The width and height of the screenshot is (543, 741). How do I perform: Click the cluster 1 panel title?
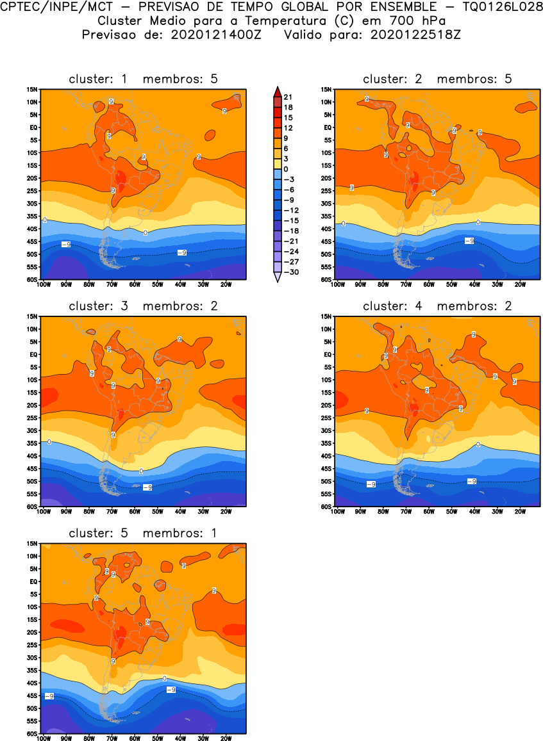[x=143, y=79]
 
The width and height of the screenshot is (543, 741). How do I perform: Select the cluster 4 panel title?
[x=437, y=306]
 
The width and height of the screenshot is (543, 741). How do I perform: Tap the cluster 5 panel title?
[x=143, y=533]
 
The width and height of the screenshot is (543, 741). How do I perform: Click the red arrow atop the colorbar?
[x=276, y=90]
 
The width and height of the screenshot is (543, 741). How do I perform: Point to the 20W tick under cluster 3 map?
[x=226, y=511]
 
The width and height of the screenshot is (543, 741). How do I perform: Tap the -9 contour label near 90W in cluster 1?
[x=65, y=244]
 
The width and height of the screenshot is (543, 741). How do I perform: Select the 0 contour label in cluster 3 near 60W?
[x=141, y=471]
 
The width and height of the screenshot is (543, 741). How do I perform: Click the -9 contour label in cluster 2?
[x=469, y=241]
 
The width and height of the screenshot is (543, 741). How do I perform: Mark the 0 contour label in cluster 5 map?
[x=165, y=678]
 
